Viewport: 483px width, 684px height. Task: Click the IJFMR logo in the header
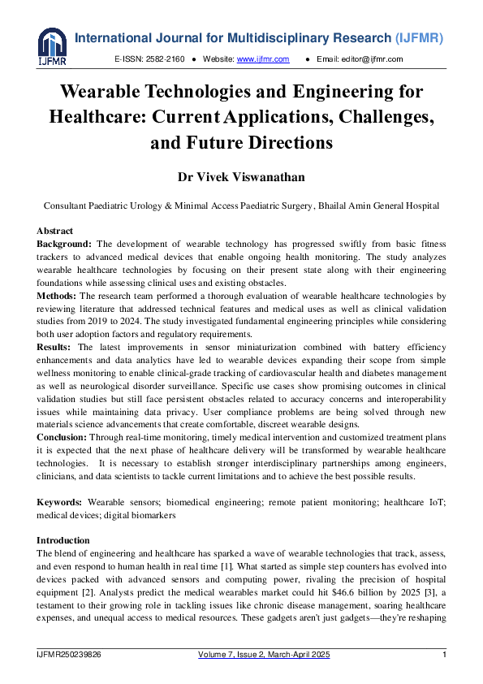(x=52, y=47)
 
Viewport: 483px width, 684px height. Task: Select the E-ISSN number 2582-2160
(x=163, y=59)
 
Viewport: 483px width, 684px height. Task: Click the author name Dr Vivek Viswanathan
(x=241, y=176)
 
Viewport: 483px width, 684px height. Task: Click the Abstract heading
(x=54, y=232)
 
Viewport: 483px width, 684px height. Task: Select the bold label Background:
(x=65, y=244)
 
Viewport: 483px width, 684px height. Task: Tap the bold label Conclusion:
(x=64, y=436)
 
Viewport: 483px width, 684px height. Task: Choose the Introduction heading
(x=63, y=540)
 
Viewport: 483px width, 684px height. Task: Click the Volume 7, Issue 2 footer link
(x=264, y=655)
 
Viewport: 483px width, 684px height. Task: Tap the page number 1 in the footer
(x=444, y=655)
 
